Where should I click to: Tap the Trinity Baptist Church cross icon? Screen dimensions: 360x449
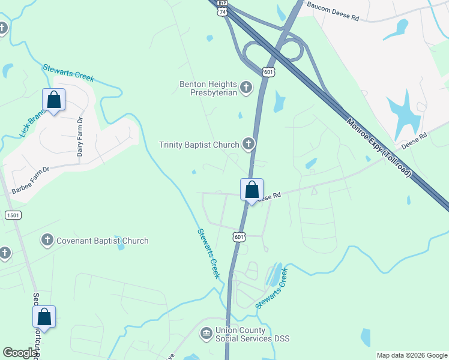[249, 144]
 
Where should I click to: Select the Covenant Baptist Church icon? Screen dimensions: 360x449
[47, 241]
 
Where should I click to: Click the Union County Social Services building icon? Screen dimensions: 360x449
[206, 332]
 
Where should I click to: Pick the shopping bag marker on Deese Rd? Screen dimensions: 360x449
[252, 190]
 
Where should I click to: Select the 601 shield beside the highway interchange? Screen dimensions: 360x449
[269, 72]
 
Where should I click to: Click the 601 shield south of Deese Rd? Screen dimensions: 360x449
[240, 236]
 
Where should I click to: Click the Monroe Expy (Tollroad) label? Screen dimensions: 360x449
[379, 147]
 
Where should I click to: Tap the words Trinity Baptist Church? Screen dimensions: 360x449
[199, 145]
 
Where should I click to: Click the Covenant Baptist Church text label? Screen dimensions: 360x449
[102, 241]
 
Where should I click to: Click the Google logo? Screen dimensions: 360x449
[20, 353]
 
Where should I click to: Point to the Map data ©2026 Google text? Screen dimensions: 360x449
[412, 355]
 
